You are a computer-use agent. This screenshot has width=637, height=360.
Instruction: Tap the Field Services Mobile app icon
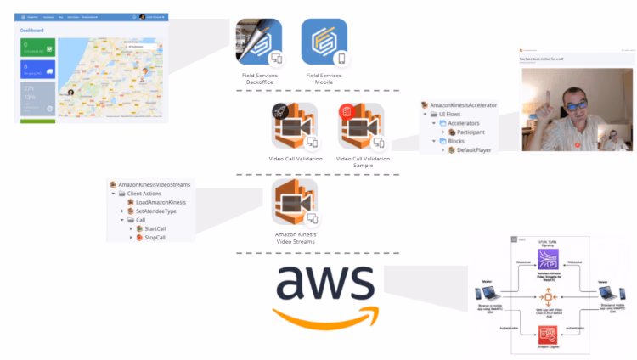click(327, 42)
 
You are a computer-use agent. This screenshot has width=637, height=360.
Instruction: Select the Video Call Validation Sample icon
click(362, 127)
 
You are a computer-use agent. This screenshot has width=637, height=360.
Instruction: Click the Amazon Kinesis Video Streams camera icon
click(294, 203)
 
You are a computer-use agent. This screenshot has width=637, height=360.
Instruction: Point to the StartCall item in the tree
click(155, 228)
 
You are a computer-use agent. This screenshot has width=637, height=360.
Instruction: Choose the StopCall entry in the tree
click(155, 238)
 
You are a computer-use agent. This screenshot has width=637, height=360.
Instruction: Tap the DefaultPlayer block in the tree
click(481, 149)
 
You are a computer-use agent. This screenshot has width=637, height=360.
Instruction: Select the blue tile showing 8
click(37, 73)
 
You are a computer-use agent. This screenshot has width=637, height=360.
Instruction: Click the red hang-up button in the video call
click(578, 144)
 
